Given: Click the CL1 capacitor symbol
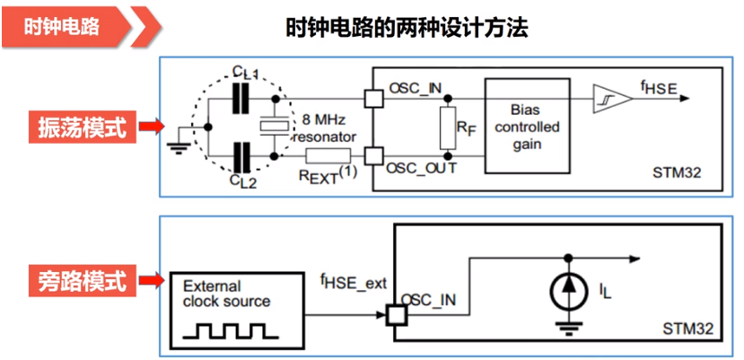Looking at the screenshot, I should pos(240,100).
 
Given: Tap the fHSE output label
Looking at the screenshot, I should pos(659,87).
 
